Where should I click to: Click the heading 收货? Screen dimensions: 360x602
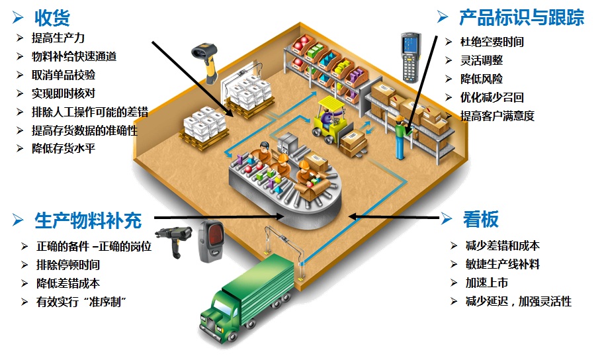[52, 18]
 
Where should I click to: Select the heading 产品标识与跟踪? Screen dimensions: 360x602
[521, 18]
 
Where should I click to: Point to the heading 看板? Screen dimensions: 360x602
[481, 219]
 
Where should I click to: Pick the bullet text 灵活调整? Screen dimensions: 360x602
[482, 60]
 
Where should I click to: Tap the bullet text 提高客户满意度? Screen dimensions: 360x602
[497, 116]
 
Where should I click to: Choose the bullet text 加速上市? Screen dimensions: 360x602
[486, 283]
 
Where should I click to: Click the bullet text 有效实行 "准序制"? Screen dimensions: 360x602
[81, 301]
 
